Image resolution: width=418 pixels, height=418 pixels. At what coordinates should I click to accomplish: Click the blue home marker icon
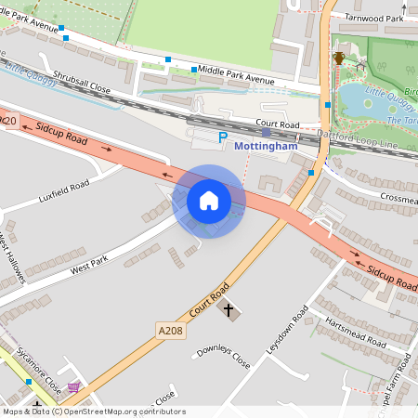click(209, 200)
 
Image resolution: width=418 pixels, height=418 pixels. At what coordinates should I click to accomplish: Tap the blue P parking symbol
click(222, 137)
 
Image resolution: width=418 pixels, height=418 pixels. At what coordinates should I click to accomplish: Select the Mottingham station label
click(267, 146)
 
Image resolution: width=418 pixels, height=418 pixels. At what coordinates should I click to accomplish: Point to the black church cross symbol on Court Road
click(228, 307)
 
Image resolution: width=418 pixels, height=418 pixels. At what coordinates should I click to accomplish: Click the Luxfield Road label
click(64, 192)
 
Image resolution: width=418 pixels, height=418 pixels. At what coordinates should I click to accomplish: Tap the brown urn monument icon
click(339, 59)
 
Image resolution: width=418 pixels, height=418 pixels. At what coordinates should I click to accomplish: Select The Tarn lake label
click(401, 121)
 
